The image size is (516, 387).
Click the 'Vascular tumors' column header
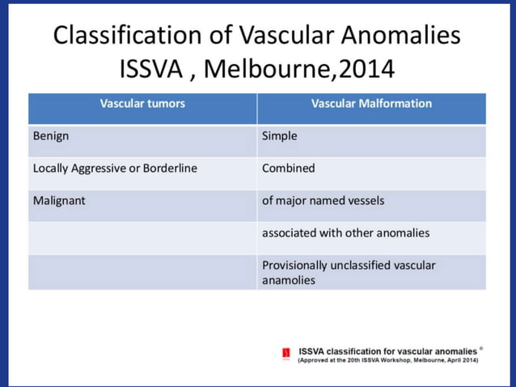pyautogui.click(x=142, y=104)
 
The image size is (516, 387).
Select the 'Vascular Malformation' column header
pyautogui.click(x=371, y=104)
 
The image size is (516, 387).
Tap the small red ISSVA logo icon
pyautogui.click(x=286, y=354)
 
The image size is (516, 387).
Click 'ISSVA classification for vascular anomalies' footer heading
pyautogui.click(x=387, y=351)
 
